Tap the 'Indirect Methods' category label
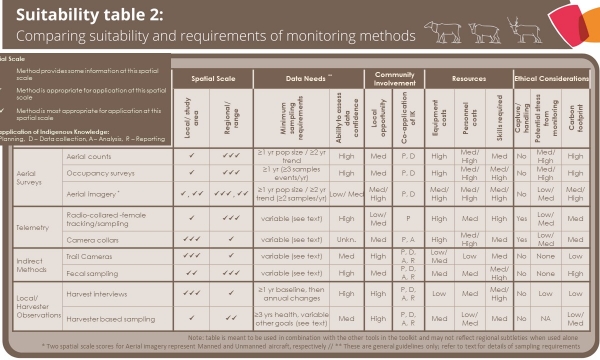pyautogui.click(x=33, y=265)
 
